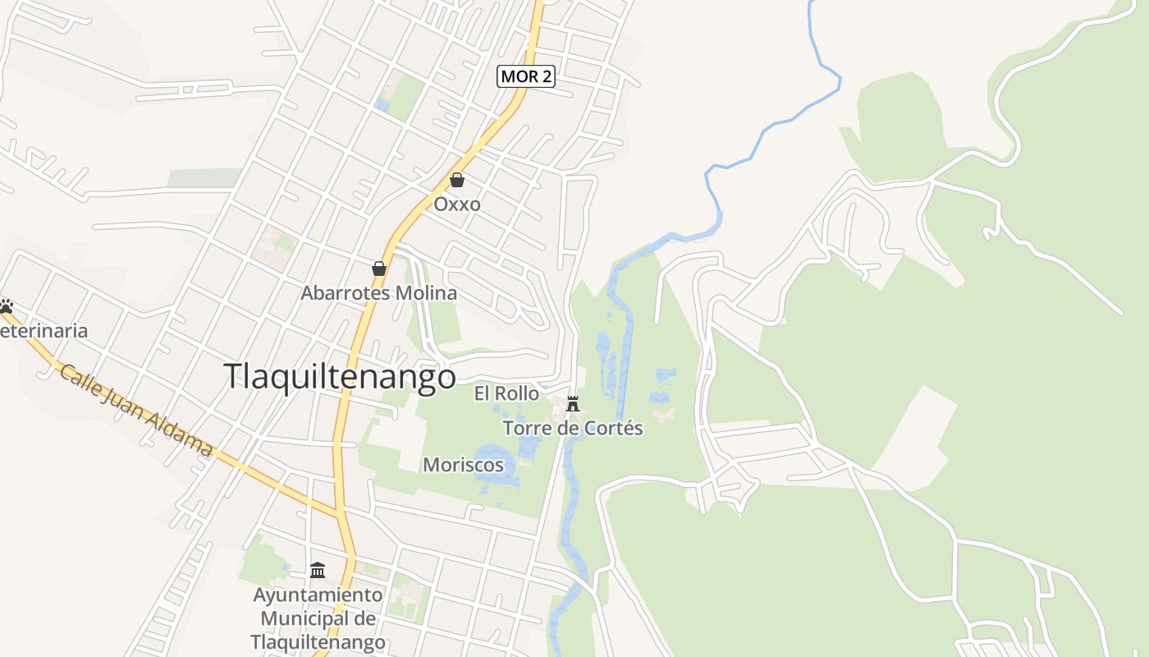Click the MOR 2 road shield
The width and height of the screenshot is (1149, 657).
click(x=526, y=76)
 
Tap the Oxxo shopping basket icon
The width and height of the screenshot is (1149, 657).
click(x=456, y=180)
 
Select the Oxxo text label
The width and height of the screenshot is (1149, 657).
click(x=456, y=204)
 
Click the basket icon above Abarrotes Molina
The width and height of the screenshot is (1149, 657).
click(x=379, y=269)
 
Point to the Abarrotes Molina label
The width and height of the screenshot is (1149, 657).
click(x=379, y=293)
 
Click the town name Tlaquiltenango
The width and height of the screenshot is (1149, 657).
click(x=340, y=376)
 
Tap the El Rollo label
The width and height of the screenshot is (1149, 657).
click(x=506, y=394)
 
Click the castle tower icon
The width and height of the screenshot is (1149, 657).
click(x=573, y=403)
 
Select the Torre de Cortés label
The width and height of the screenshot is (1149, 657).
click(x=573, y=428)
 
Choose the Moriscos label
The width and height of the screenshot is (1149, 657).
click(x=463, y=465)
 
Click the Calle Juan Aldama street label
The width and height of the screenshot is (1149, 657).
click(x=136, y=410)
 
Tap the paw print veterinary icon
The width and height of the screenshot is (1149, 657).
click(x=7, y=306)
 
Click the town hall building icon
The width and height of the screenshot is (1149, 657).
click(x=318, y=570)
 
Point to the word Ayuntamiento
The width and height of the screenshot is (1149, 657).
click(x=318, y=595)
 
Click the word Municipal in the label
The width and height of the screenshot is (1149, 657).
click(x=318, y=618)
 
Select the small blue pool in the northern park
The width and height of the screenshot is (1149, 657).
click(x=382, y=105)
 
